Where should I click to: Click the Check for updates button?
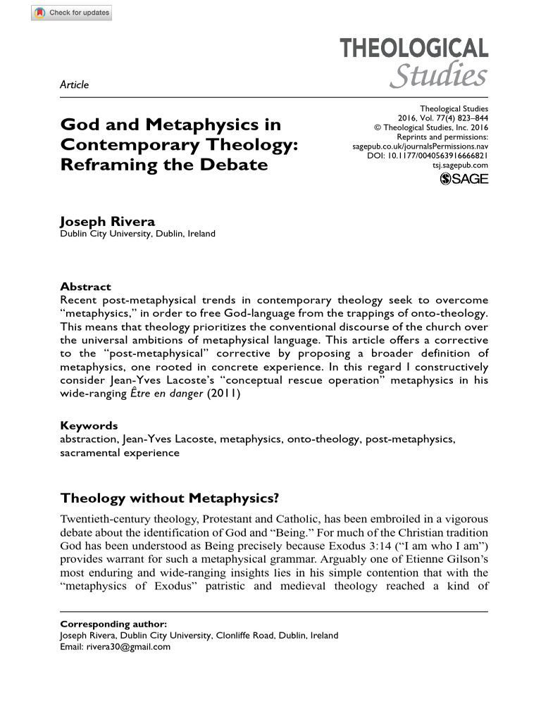click(x=71, y=13)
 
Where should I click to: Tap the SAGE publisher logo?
click(x=464, y=179)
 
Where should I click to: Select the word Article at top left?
click(x=75, y=85)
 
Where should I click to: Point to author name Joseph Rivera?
click(x=107, y=222)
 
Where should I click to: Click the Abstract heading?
click(x=85, y=287)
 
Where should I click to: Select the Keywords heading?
click(x=89, y=425)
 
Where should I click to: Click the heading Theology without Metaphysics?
click(x=170, y=499)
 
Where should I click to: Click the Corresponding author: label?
click(x=114, y=624)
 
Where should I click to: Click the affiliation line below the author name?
click(x=138, y=234)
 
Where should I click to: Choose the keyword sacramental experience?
click(x=120, y=453)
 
